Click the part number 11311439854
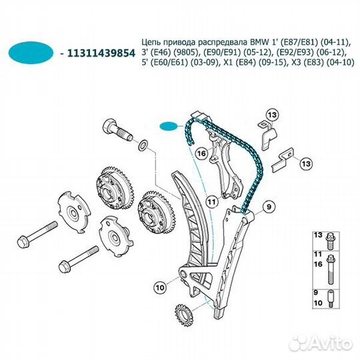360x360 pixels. pos(101,53)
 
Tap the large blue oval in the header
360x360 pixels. pos(31,53)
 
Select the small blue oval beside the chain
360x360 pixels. pos(169,126)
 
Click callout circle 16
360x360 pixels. pos(202,153)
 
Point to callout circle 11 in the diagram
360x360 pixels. pos(211,202)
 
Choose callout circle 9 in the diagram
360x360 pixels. pos(268,207)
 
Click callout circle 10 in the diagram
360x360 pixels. pos(160,287)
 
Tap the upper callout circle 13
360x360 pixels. pos(272,115)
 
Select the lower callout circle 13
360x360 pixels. pos(306,163)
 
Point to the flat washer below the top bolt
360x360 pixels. pos(143,145)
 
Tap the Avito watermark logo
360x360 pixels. pos(321,344)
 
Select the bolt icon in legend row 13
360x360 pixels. pos(329,241)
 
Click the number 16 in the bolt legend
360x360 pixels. pos(318,264)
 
